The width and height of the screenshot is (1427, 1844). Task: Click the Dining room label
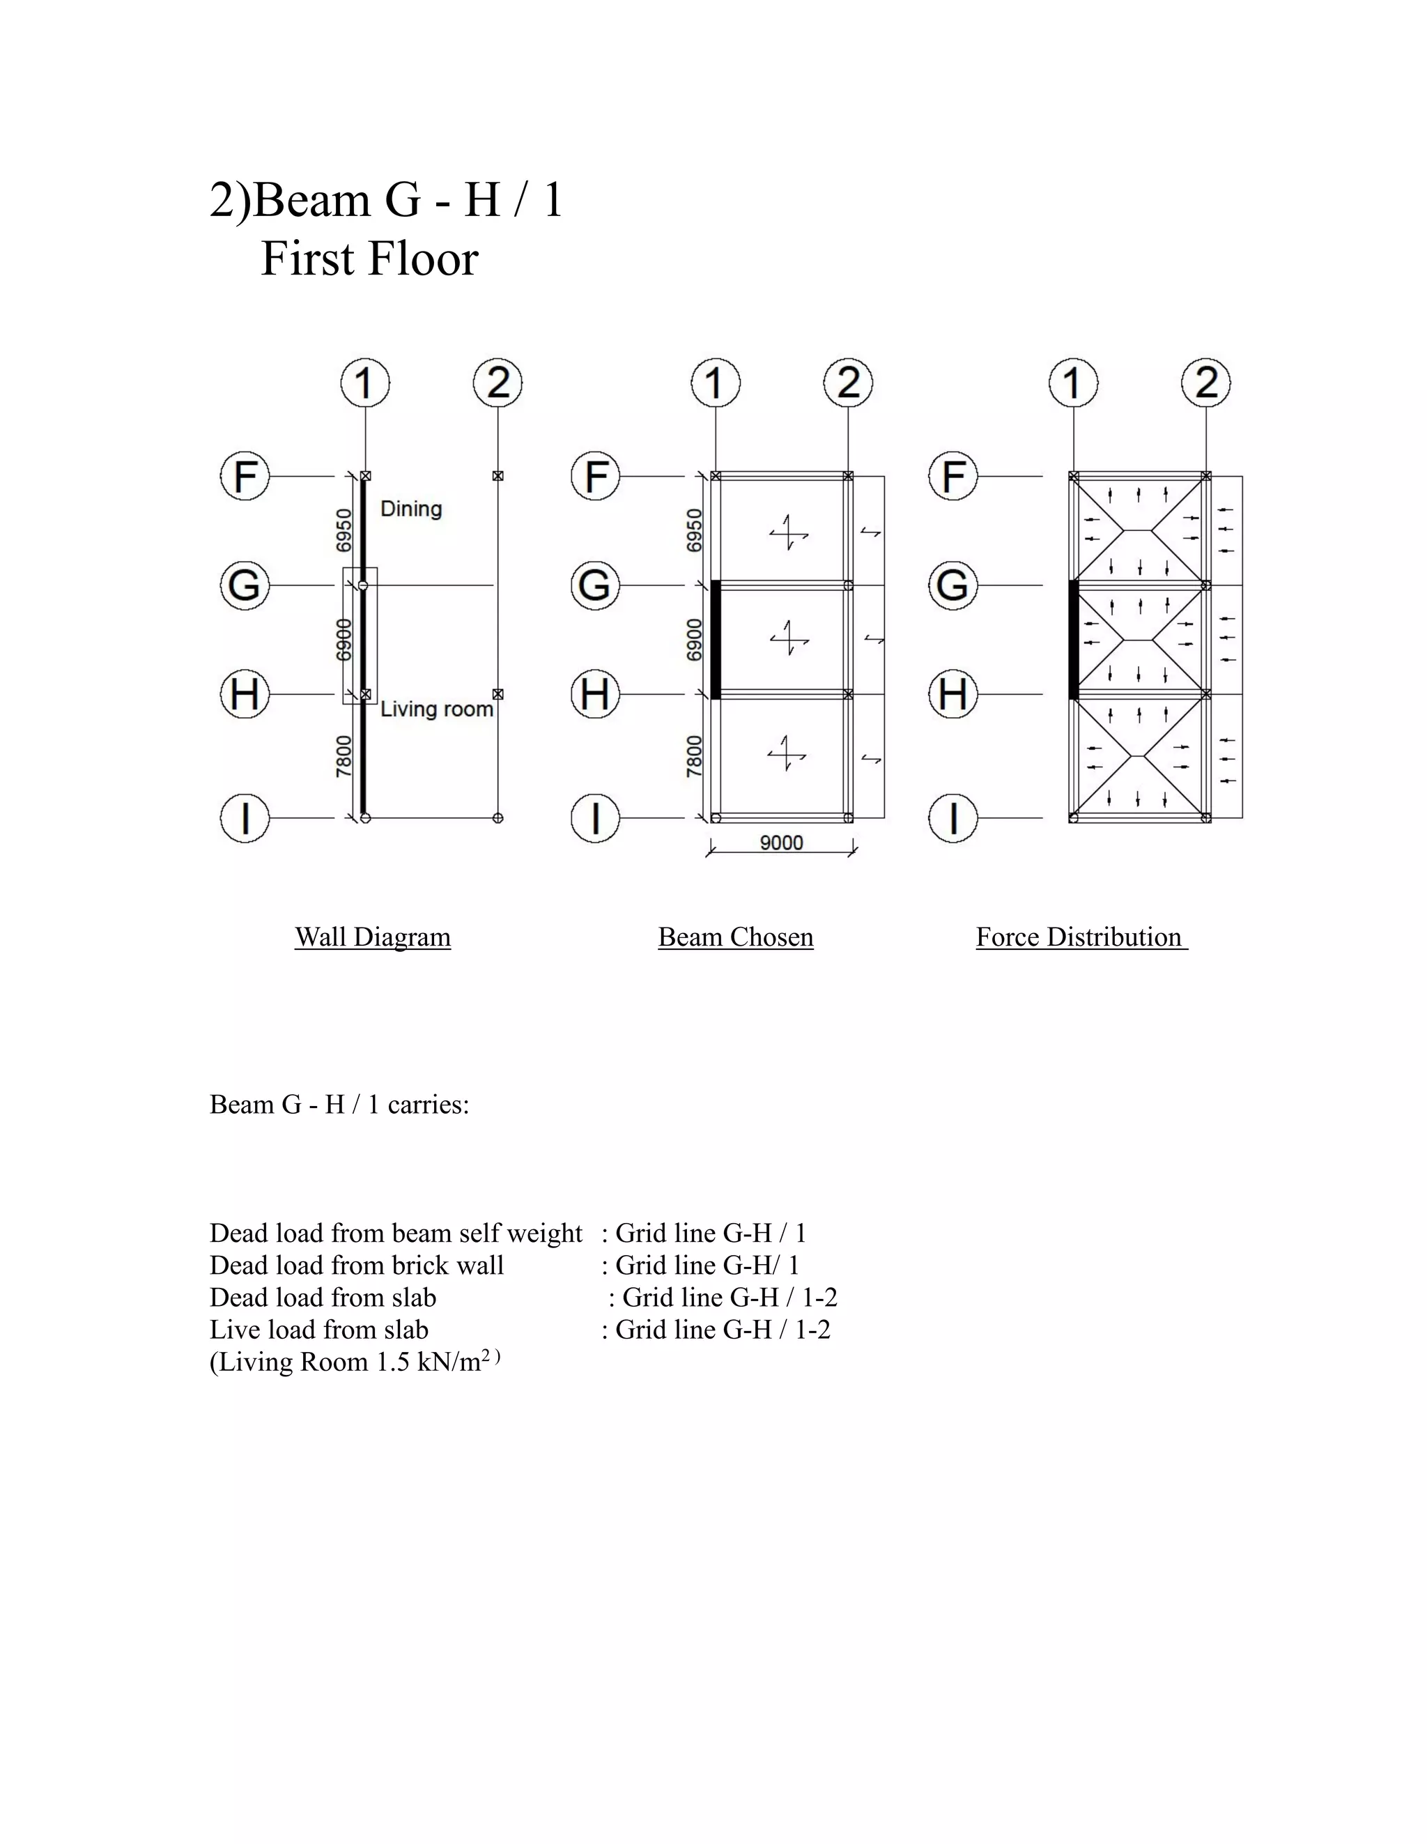(x=411, y=509)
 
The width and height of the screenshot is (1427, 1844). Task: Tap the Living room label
(x=435, y=709)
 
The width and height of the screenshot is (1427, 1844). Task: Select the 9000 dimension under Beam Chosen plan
(x=781, y=843)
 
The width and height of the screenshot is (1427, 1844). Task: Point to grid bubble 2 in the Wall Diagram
(x=498, y=383)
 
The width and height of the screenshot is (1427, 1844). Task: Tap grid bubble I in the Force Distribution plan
(x=953, y=818)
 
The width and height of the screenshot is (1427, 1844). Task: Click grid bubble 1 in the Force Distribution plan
(x=1073, y=383)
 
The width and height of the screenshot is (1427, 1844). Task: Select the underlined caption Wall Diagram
(x=372, y=937)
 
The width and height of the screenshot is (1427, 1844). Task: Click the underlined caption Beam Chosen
(x=736, y=937)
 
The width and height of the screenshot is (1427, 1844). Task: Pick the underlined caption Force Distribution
(x=1079, y=937)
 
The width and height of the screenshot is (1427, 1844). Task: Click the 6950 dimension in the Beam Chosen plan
(x=694, y=530)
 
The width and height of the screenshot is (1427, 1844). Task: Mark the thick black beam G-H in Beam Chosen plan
(x=715, y=639)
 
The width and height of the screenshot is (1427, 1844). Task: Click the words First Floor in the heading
(x=369, y=259)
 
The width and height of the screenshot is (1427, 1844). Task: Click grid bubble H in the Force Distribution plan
(x=953, y=694)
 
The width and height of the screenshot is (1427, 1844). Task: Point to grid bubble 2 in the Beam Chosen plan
(x=849, y=383)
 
